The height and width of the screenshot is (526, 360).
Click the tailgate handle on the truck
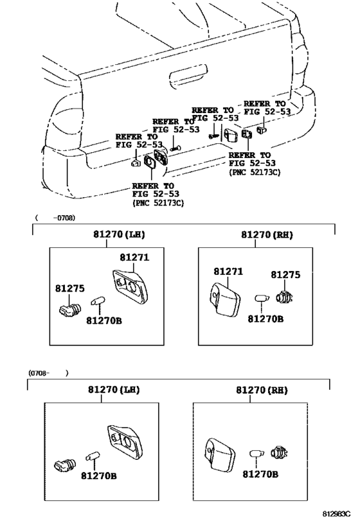tap(188, 74)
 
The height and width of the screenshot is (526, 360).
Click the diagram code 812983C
tap(336, 514)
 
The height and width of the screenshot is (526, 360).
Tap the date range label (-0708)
tap(55, 218)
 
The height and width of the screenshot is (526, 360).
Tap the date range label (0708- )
tap(48, 373)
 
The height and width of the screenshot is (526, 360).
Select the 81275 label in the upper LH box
tap(70, 288)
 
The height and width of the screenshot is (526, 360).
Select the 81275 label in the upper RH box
tap(285, 275)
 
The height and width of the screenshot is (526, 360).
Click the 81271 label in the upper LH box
tap(134, 258)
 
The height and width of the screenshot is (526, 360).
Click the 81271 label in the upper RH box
tap(228, 272)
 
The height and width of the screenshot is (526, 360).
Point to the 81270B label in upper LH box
tap(104, 320)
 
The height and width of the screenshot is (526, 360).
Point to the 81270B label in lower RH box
tap(260, 475)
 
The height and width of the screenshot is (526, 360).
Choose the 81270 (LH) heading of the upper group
tap(119, 234)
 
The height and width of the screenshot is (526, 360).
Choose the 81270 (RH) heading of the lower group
tap(262, 390)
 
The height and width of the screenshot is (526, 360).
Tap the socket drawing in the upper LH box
tap(70, 310)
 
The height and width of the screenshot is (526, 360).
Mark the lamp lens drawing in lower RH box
tap(220, 454)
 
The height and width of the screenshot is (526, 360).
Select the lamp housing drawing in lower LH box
tap(125, 442)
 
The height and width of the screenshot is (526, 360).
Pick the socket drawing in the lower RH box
tap(280, 452)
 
